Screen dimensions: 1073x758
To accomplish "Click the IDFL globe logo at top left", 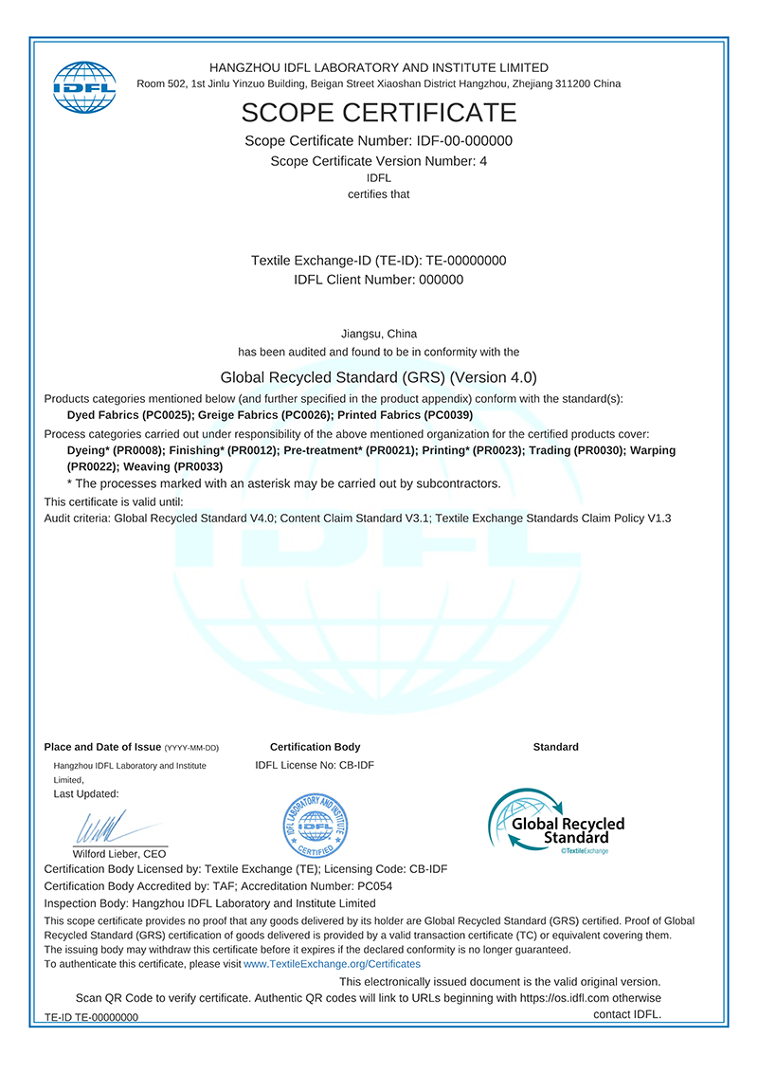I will click(83, 85).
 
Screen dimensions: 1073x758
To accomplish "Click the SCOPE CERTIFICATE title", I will click(378, 113).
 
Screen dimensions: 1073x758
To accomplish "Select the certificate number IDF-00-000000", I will click(458, 141).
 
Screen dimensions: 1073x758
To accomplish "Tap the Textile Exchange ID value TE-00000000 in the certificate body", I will click(466, 261).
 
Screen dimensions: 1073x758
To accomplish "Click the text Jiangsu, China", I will click(378, 334).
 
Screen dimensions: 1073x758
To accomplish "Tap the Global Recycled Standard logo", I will click(556, 822).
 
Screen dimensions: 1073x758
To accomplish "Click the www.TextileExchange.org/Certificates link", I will click(332, 963).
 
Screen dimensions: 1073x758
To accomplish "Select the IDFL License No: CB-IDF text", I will click(315, 765).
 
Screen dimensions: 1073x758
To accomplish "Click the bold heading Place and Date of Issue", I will click(103, 747).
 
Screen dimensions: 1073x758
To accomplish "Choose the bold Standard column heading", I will click(555, 747).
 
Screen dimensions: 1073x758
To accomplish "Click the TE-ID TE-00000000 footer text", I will click(91, 1017).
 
